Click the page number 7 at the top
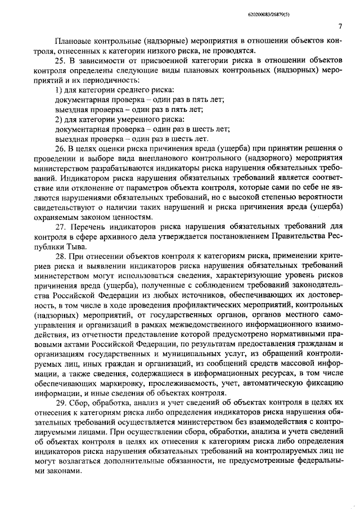click(341, 26)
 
